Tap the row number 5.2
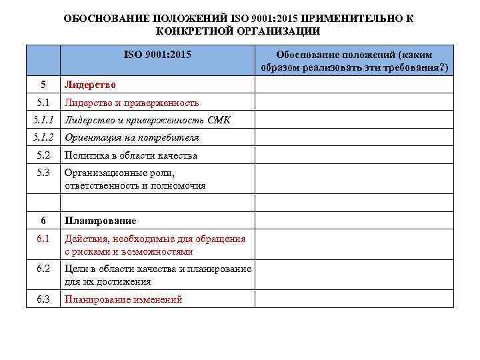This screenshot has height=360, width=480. (44, 155)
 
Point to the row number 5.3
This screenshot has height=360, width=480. (44, 173)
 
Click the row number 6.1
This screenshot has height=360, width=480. (44, 239)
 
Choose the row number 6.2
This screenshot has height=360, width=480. (44, 269)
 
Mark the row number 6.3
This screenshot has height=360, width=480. (44, 299)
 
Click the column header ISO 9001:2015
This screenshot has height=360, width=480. (157, 53)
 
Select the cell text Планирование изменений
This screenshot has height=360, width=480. (123, 299)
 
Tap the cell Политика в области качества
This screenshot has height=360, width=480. (131, 155)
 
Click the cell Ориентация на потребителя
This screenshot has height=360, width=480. (131, 138)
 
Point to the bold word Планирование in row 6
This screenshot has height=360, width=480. (100, 221)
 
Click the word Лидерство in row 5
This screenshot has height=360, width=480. (90, 85)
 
